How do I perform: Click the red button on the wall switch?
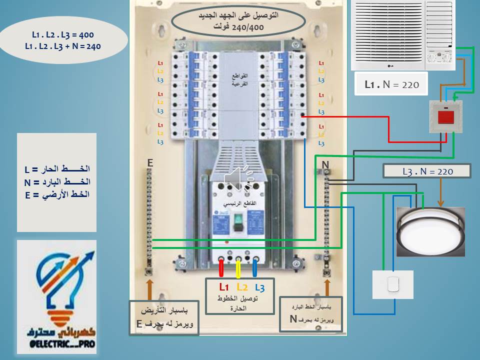445,117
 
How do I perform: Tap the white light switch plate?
393,284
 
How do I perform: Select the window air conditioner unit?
403,35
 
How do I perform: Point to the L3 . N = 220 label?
427,171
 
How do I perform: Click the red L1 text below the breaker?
223,287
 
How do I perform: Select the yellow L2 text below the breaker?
242,287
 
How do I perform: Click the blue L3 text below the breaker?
259,287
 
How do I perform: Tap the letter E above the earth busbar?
149,162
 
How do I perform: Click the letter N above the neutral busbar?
325,164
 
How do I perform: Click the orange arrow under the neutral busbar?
327,288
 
